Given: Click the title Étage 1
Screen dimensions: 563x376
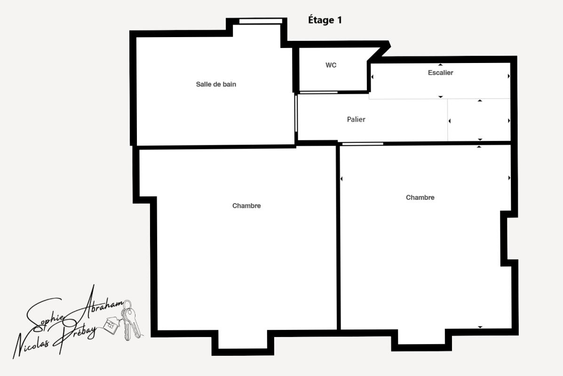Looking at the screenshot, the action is point(325,20).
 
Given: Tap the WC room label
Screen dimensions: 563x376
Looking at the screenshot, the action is point(331,65).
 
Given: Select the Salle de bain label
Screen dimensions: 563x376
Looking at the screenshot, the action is point(216,84).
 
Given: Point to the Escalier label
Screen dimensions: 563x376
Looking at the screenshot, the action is point(440,72).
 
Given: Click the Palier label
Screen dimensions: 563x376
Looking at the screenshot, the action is point(356,119).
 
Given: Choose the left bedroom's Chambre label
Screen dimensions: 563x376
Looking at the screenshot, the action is point(246,205).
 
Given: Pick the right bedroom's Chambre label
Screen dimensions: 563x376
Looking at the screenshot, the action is point(420,197).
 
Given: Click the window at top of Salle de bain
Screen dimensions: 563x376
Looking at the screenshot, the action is point(261,21).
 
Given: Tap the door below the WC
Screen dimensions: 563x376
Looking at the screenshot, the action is point(318,93).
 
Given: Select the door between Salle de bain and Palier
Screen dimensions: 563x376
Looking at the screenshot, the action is point(296,113).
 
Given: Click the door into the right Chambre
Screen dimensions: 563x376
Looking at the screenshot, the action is point(363,144).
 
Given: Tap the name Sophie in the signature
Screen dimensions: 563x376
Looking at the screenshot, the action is point(45,316).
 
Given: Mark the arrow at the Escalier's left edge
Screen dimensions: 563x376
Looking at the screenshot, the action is point(373,77).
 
